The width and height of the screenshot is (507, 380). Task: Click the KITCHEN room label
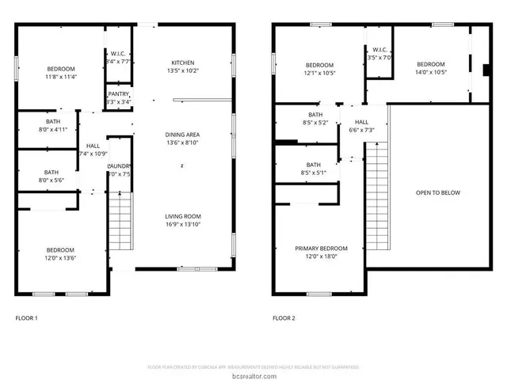coord(183,63)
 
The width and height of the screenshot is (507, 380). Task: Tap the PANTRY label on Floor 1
coord(120,95)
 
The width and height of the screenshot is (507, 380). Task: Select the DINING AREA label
coord(183,135)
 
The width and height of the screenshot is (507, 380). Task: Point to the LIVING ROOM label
coord(183,216)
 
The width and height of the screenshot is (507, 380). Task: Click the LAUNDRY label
coord(120,165)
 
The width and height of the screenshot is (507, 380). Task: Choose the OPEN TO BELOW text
coord(438,192)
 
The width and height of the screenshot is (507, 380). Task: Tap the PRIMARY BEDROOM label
coord(321,248)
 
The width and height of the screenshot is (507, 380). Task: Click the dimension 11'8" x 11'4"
coord(60,77)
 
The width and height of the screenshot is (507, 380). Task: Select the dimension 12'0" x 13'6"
coord(60,256)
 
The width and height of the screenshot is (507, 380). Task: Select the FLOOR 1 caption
coord(26,318)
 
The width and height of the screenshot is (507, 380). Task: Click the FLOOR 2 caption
coord(284,318)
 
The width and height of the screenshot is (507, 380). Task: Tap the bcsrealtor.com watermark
coord(253,374)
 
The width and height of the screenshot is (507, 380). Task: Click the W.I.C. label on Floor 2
coord(378,50)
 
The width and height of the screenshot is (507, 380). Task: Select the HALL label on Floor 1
coord(93,146)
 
